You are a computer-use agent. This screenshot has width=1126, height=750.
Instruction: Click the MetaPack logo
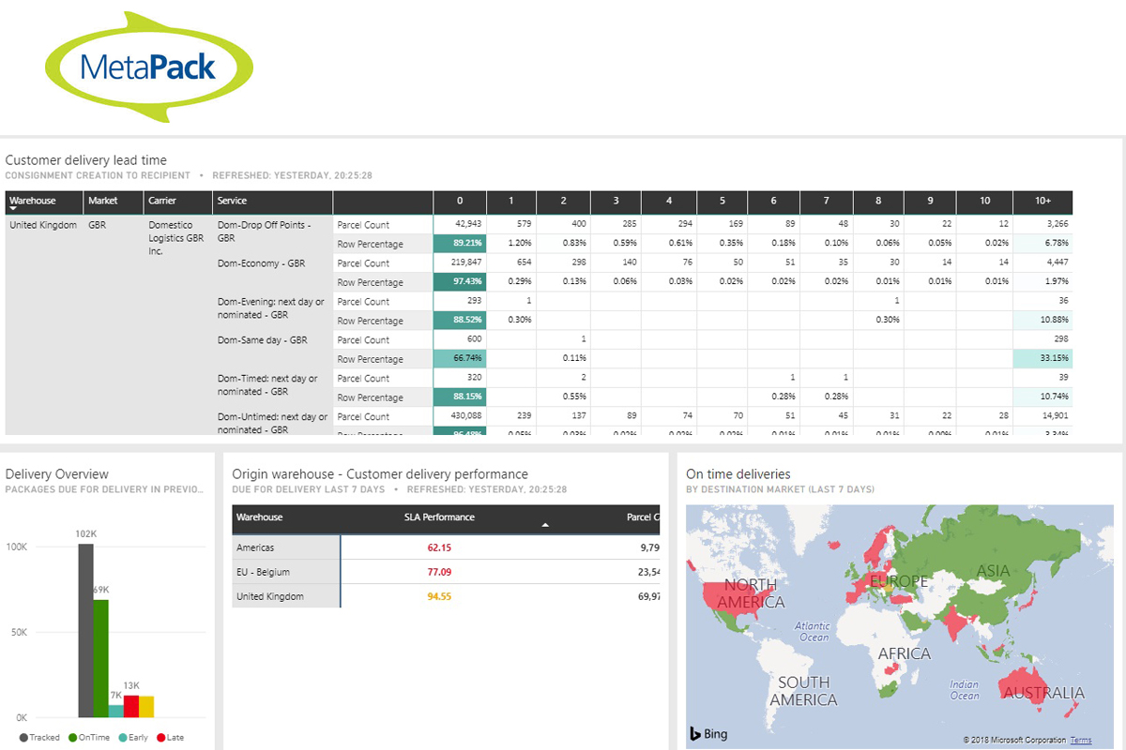click(149, 67)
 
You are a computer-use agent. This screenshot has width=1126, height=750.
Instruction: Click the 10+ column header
click(1042, 201)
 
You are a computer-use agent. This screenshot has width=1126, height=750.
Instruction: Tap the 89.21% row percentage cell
click(460, 244)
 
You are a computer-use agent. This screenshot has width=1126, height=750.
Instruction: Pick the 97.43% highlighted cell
click(460, 282)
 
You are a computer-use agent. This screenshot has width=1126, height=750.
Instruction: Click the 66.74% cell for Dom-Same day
click(460, 359)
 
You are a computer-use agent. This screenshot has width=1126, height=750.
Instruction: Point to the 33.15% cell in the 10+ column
click(1042, 359)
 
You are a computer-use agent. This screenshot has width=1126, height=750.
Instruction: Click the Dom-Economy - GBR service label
click(261, 263)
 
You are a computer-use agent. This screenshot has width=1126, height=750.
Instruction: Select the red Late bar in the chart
click(131, 706)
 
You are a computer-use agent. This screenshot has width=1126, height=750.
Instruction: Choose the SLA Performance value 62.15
click(439, 547)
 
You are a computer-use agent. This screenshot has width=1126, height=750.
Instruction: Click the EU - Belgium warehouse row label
click(263, 572)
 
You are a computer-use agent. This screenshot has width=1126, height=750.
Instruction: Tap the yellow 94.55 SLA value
click(439, 596)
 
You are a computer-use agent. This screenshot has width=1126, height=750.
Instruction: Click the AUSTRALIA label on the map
click(1043, 694)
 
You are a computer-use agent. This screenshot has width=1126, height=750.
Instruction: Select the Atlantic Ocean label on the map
click(813, 631)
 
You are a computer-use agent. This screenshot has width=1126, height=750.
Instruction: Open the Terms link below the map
click(1081, 741)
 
